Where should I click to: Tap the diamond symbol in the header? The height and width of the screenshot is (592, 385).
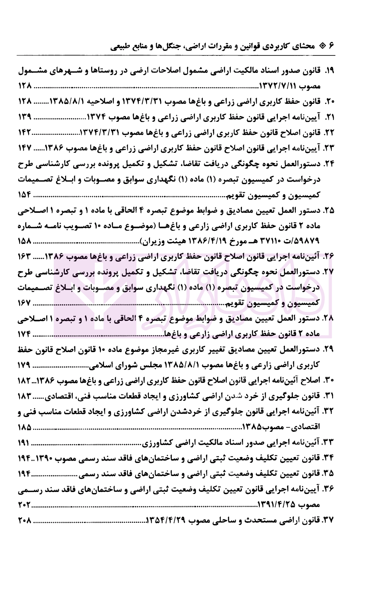322,45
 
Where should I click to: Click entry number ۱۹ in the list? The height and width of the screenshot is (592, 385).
329,71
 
